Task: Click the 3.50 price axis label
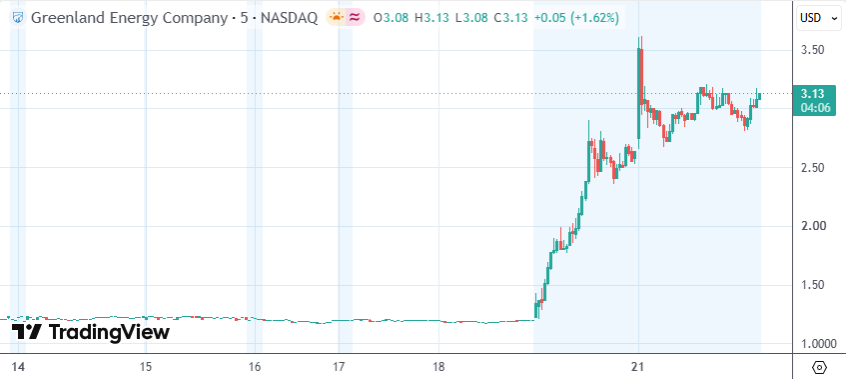coord(813,50)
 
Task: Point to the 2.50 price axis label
coord(813,167)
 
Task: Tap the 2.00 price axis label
coord(813,226)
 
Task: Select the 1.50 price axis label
coord(813,285)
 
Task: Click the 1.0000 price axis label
coord(817,344)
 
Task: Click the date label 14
coord(18,368)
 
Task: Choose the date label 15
coord(146,368)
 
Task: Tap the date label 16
coord(255,368)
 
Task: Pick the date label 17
coord(339,368)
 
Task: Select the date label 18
coord(438,368)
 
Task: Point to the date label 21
coord(639,368)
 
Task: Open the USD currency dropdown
coord(817,18)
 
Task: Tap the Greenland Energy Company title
coord(129,18)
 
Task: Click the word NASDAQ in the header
coord(289,18)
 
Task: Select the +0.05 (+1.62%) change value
coord(576,18)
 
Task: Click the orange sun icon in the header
coord(337,18)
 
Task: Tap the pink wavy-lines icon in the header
coord(355,18)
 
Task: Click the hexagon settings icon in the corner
coord(819,368)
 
